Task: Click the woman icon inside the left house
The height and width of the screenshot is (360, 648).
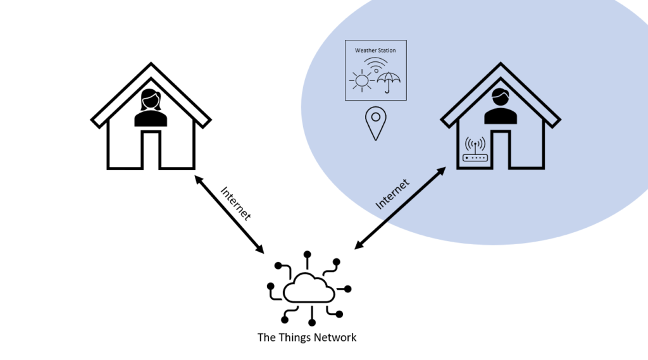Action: click(x=151, y=108)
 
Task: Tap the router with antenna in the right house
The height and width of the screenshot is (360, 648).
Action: click(x=475, y=149)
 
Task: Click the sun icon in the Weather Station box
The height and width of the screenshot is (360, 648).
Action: click(x=362, y=80)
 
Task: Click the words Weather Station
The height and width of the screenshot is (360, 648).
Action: click(x=375, y=51)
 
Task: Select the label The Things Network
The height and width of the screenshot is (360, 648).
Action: click(x=307, y=337)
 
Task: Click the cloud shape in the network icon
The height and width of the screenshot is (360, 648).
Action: click(x=308, y=288)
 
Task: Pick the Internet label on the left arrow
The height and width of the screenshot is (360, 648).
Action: click(x=235, y=203)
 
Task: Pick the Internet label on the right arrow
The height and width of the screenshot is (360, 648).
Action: click(x=392, y=194)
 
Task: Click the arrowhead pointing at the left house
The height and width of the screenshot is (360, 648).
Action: click(x=198, y=179)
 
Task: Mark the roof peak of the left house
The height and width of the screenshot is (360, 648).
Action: click(x=151, y=63)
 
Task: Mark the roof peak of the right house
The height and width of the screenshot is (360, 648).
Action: click(x=501, y=63)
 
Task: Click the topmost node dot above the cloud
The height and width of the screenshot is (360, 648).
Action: click(x=307, y=254)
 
